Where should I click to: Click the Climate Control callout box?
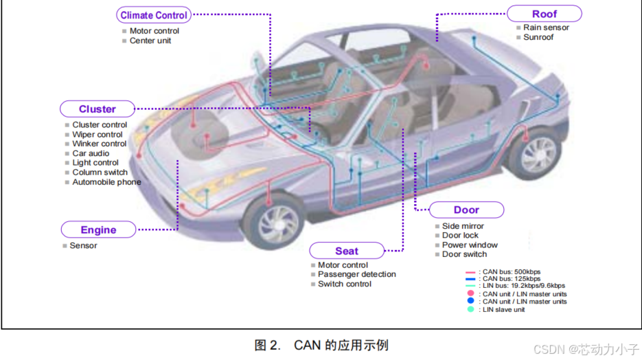point(153,15)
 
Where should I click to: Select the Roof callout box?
point(544,14)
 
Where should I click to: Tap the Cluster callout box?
point(98,109)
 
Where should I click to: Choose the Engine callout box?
point(98,230)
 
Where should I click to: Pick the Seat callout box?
point(347,251)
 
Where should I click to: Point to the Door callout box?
point(466,210)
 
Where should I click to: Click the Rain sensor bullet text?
point(546,27)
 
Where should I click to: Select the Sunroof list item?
point(538,37)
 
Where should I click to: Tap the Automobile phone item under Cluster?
point(106,182)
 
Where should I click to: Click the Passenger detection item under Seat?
point(356,274)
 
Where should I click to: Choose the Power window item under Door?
point(470,245)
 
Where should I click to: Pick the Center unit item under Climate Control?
point(150,41)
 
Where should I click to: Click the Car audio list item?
point(91,153)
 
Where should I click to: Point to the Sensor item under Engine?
point(83,245)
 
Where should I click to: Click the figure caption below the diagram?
point(321,345)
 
